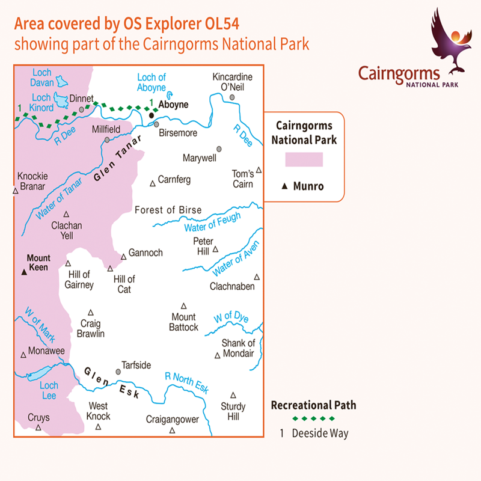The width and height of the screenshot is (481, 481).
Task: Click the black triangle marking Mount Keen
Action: click(x=24, y=272)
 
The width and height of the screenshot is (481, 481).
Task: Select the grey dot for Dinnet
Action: click(x=82, y=110)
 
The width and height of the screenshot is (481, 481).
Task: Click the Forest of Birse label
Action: click(x=168, y=210)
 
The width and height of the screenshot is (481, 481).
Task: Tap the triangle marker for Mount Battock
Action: click(x=184, y=305)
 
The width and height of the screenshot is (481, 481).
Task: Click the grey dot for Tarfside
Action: click(x=118, y=372)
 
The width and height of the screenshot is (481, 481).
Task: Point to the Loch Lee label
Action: click(x=49, y=391)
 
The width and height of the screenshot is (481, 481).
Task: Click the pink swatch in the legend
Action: click(x=304, y=159)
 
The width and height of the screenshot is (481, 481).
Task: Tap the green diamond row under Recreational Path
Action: click(x=313, y=418)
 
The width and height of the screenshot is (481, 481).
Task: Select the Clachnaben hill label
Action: click(x=232, y=286)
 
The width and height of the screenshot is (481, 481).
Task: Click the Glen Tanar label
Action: click(x=118, y=159)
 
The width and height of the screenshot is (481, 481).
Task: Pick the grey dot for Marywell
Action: click(x=219, y=149)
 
